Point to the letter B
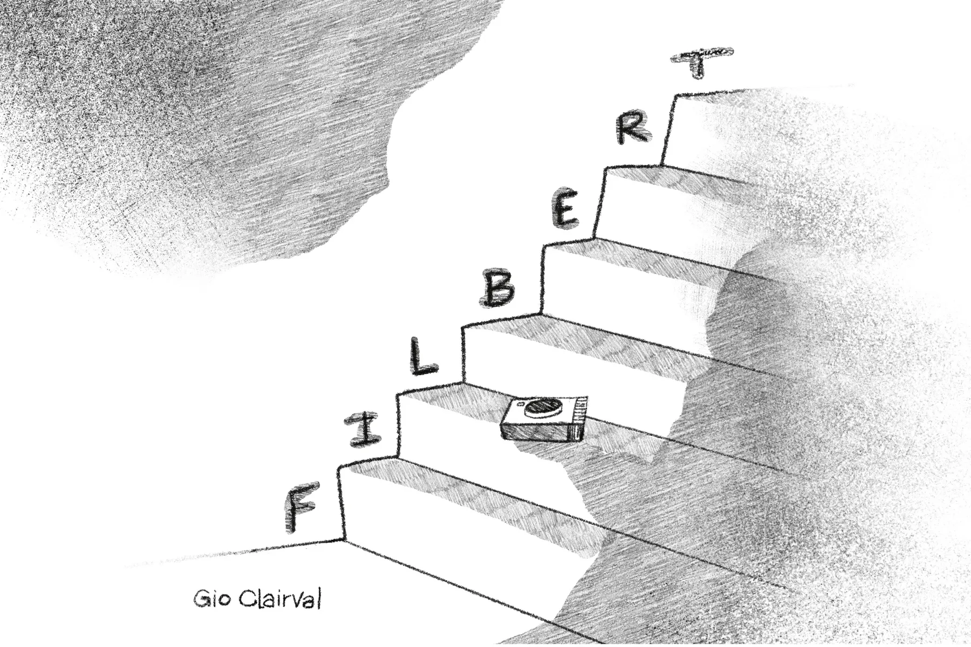(x=498, y=289)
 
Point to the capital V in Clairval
(x=296, y=598)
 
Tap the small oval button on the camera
(x=521, y=403)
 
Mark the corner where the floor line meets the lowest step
(x=343, y=539)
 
